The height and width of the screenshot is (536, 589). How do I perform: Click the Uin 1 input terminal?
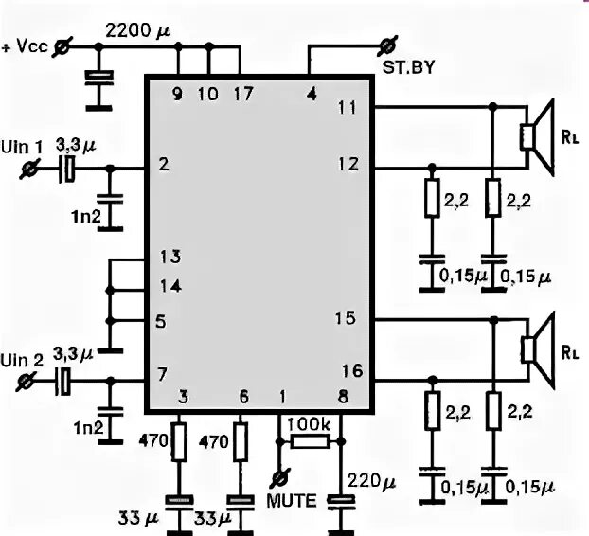click(29, 169)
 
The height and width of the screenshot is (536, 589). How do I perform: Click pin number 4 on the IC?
click(311, 93)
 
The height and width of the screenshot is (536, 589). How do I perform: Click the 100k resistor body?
click(310, 441)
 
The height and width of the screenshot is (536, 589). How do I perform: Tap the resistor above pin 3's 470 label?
click(177, 441)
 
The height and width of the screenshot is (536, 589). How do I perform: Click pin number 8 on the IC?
click(342, 396)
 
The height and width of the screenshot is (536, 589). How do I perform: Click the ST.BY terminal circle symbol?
click(385, 45)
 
